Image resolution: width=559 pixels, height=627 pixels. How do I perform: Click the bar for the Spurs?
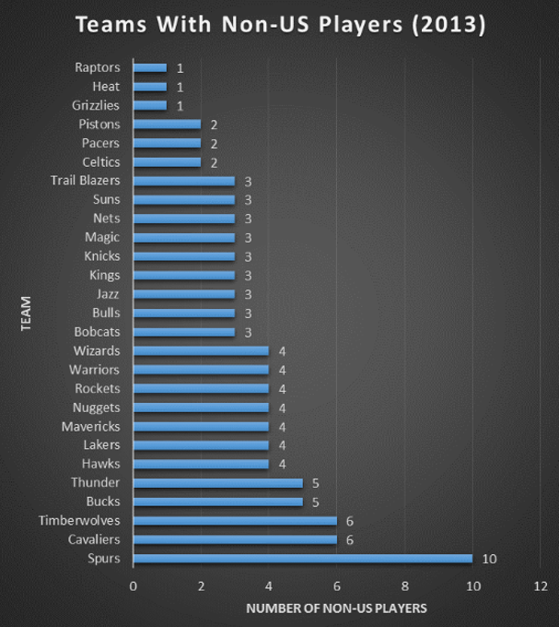click(302, 558)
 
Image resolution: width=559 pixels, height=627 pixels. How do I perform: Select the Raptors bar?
click(150, 67)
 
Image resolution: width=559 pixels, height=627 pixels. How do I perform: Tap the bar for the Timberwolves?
click(235, 520)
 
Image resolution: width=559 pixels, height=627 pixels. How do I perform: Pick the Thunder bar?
click(217, 482)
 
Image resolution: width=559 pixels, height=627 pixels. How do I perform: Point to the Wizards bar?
click(201, 350)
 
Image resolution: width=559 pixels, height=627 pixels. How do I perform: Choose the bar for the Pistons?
click(167, 124)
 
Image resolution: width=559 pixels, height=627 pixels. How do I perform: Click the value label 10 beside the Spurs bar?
click(488, 559)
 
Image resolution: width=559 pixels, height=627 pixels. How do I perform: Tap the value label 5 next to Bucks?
click(316, 502)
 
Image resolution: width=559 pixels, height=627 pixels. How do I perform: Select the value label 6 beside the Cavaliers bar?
click(350, 539)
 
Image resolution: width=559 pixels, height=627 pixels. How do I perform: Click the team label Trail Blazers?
click(91, 181)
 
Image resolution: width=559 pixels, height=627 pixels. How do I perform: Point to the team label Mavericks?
click(96, 426)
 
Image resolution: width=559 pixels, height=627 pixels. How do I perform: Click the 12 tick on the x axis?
click(540, 586)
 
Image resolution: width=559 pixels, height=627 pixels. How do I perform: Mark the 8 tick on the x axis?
click(404, 586)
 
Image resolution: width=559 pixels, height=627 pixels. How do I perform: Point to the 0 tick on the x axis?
click(134, 586)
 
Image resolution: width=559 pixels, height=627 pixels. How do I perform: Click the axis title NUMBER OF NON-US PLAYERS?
click(336, 609)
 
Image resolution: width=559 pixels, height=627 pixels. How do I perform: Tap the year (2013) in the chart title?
click(448, 25)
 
